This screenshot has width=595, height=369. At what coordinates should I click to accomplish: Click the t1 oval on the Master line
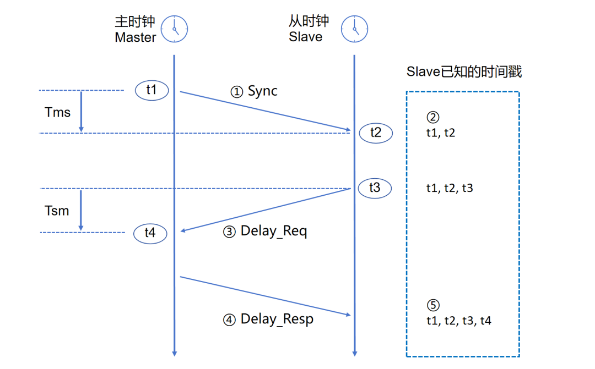point(152,90)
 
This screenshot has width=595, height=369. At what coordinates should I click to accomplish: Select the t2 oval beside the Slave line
point(375,133)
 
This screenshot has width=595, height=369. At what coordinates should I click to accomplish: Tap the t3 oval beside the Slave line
point(374,188)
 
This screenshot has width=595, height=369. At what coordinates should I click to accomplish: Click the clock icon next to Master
point(174,29)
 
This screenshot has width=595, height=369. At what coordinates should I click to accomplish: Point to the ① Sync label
point(254,91)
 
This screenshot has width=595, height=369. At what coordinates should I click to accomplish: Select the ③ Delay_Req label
point(265,231)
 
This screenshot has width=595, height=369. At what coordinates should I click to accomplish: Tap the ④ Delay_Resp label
point(268,319)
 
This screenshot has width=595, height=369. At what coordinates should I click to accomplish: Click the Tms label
point(58,113)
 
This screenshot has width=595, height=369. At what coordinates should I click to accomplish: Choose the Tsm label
point(57,211)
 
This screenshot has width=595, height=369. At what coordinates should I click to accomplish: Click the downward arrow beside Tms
point(81,112)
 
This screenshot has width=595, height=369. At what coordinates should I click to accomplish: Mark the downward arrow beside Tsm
point(81,210)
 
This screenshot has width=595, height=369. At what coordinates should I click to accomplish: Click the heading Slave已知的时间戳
point(464,71)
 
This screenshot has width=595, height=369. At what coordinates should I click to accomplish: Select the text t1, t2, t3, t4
point(458,321)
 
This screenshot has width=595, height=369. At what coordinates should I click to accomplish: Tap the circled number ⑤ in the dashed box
point(433,305)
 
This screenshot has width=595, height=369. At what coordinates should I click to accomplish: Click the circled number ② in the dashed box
point(433,117)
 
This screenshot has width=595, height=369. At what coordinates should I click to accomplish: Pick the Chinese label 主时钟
point(135,21)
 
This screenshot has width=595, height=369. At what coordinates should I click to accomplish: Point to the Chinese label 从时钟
point(309,21)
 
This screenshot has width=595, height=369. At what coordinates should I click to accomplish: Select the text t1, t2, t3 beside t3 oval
point(450,188)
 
